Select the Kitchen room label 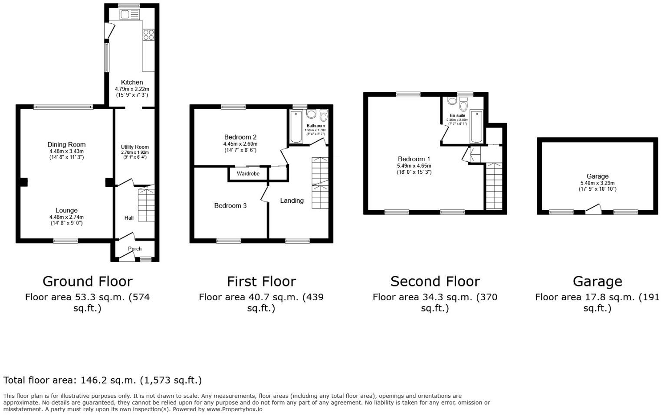pyautogui.click(x=132, y=82)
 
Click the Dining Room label pyautogui.click(x=66, y=145)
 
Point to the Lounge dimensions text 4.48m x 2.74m pyautogui.click(x=66, y=217)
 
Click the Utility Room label pyautogui.click(x=135, y=147)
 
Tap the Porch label pyautogui.click(x=135, y=249)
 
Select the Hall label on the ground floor pyautogui.click(x=129, y=218)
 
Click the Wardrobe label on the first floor pyautogui.click(x=248, y=174)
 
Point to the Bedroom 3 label pyautogui.click(x=230, y=206)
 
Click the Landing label pyautogui.click(x=292, y=201)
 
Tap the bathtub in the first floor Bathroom pyautogui.click(x=296, y=127)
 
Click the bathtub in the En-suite pyautogui.click(x=476, y=127)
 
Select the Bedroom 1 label pyautogui.click(x=414, y=159)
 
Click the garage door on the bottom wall pyautogui.click(x=593, y=211)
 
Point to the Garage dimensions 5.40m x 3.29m pyautogui.click(x=597, y=183)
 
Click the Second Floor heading pyautogui.click(x=435, y=282)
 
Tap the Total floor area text pyautogui.click(x=102, y=380)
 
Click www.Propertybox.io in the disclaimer pyautogui.click(x=235, y=409)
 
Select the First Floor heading pyautogui.click(x=261, y=282)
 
